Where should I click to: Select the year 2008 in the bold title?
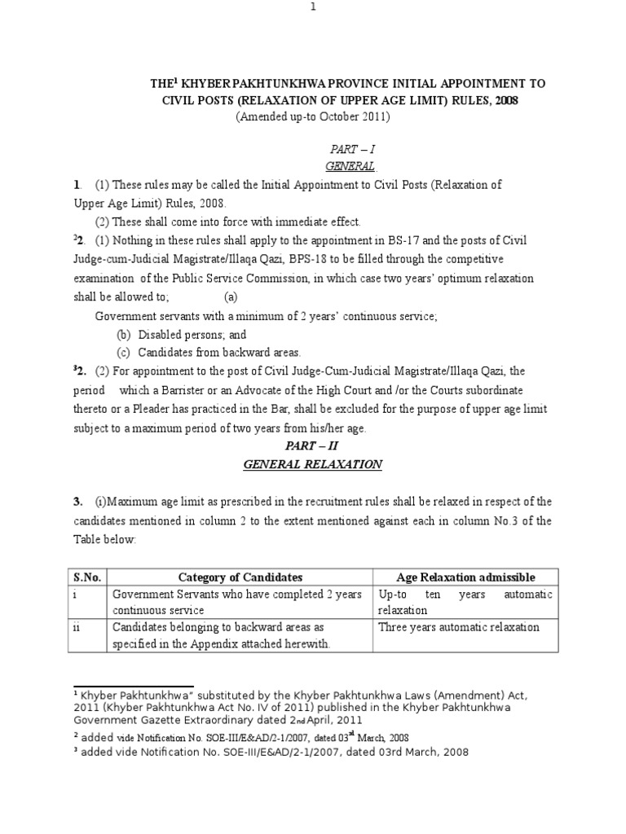[x=502, y=100]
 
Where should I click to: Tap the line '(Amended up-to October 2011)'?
[x=314, y=116]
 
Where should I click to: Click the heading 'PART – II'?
[x=313, y=446]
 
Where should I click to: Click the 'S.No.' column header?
[x=86, y=577]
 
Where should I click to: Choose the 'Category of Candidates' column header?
[x=240, y=577]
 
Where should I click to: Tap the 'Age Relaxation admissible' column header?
[x=465, y=577]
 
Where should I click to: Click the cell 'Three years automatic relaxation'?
[x=458, y=627]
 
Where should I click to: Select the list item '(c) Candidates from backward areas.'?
[x=209, y=352]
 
